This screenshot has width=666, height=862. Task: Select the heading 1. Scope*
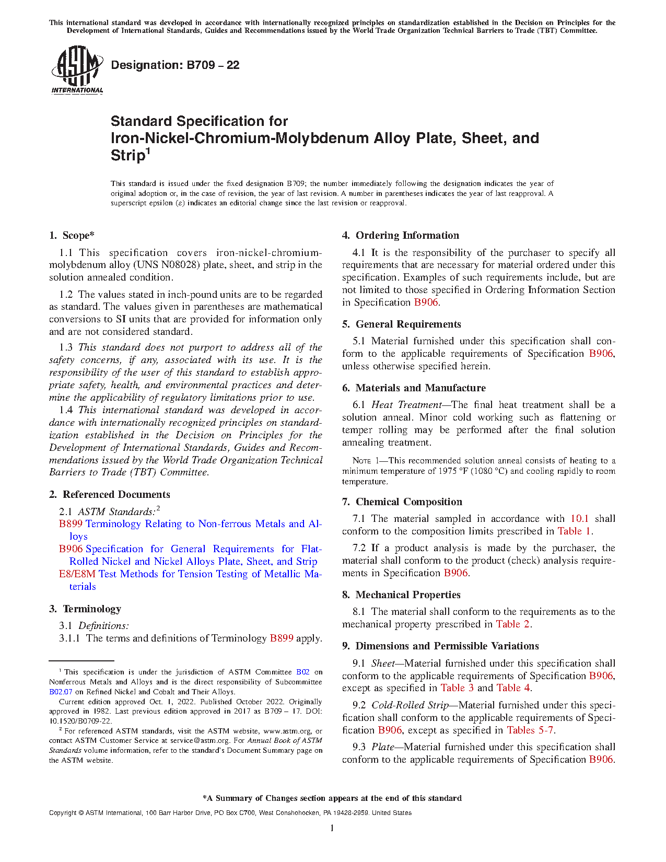[x=72, y=236]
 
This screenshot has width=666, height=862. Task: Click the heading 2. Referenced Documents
[x=110, y=495]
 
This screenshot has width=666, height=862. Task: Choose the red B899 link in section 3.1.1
[x=281, y=638]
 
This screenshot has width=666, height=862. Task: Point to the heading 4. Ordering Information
[x=401, y=236]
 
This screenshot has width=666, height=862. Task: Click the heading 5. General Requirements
[x=402, y=324]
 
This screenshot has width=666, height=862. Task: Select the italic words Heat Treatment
[x=406, y=405]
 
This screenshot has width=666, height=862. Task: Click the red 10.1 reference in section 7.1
[x=579, y=519]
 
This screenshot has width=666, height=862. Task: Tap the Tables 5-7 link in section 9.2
[x=530, y=730]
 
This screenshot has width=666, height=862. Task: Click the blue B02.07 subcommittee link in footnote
[x=61, y=692]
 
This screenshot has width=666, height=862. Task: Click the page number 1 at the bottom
[x=332, y=828]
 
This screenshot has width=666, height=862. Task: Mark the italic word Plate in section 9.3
[x=382, y=747]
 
